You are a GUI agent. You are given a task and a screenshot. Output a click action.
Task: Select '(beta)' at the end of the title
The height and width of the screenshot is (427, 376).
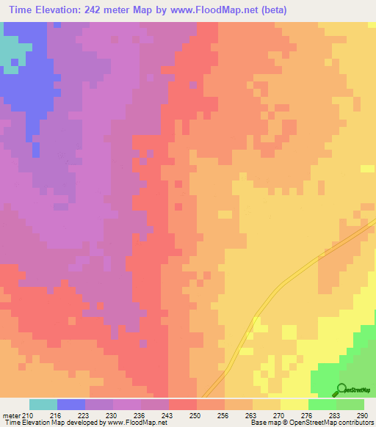(271, 10)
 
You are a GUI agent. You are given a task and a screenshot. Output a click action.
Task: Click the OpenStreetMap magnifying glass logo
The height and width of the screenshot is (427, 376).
(341, 390)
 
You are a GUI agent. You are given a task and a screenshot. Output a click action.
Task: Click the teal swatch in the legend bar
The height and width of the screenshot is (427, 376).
(43, 404)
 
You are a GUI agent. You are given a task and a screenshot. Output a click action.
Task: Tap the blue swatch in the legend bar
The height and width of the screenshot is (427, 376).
(71, 404)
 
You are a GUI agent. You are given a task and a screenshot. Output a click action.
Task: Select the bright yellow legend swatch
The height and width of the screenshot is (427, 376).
(294, 404)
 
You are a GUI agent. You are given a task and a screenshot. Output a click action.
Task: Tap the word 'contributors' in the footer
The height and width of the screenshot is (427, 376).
(355, 423)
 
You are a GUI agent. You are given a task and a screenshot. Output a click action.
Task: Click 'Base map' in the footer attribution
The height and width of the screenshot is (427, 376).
(264, 423)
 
